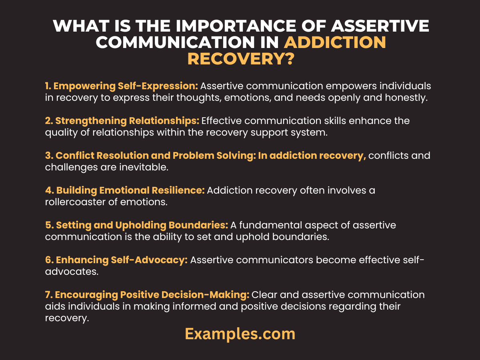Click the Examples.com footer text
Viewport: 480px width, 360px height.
click(x=240, y=334)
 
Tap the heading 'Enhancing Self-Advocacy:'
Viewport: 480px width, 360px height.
click(x=116, y=260)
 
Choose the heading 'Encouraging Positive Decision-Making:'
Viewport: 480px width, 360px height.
click(x=147, y=295)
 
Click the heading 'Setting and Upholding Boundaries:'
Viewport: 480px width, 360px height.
click(x=136, y=225)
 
